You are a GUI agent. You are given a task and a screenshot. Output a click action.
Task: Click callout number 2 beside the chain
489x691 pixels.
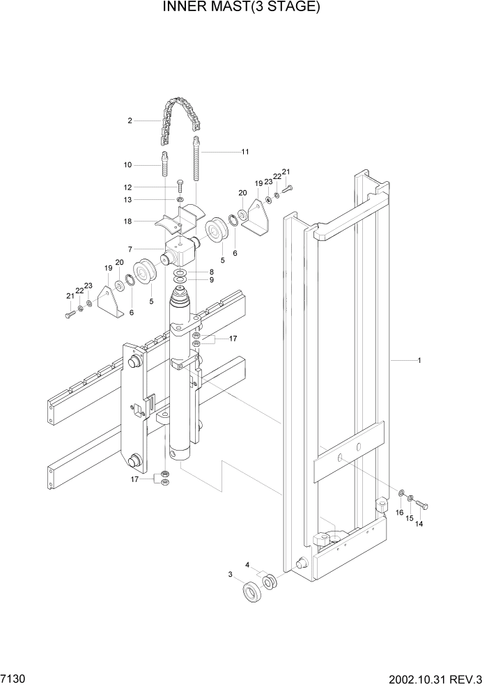(x=130, y=121)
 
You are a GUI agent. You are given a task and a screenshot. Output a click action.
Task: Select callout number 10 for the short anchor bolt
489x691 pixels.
(x=128, y=165)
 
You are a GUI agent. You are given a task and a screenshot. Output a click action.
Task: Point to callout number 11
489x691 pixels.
(x=244, y=152)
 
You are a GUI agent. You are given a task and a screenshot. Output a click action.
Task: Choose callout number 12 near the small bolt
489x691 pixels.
(x=128, y=187)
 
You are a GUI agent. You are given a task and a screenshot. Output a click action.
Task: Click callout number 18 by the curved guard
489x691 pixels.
(x=128, y=222)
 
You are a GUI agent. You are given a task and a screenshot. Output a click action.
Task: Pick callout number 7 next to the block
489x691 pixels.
(x=130, y=249)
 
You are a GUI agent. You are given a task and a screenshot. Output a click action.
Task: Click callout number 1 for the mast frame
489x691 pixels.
(x=419, y=361)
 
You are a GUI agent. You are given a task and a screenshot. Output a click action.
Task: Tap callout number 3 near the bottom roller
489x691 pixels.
(x=231, y=575)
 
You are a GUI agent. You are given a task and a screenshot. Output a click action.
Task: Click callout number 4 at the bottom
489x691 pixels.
(x=247, y=565)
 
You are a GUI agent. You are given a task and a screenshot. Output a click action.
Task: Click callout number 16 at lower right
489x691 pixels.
(x=400, y=513)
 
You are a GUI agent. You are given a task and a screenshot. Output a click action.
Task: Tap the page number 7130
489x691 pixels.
(x=14, y=678)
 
